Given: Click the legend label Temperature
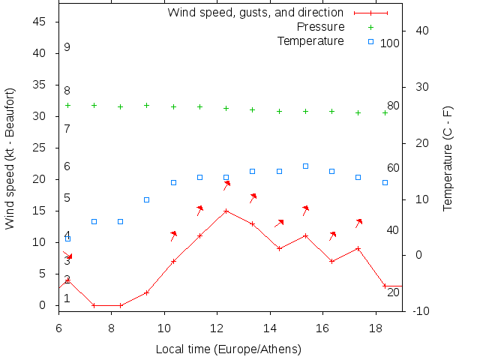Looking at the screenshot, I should tap(310, 40).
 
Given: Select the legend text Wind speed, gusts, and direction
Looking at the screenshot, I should tap(255, 13).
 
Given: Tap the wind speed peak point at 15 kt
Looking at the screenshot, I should tap(226, 211).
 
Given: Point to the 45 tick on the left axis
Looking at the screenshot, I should tap(41, 22).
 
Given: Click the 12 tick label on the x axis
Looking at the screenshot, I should tap(217, 328).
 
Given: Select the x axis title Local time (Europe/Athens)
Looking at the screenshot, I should tap(228, 349).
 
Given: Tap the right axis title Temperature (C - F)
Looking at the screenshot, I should tap(448, 157).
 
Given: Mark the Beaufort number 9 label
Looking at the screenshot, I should tap(67, 47).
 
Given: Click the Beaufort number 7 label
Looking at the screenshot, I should tap(67, 129).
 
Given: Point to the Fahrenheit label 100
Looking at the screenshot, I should tap(390, 43).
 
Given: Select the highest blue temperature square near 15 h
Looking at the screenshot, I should tap(305, 166).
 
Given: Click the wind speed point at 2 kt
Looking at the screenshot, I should tap(146, 292).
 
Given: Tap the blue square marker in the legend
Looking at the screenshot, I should tap(370, 40).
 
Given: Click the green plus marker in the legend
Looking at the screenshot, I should tap(370, 27).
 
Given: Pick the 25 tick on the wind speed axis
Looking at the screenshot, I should tap(41, 148).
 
